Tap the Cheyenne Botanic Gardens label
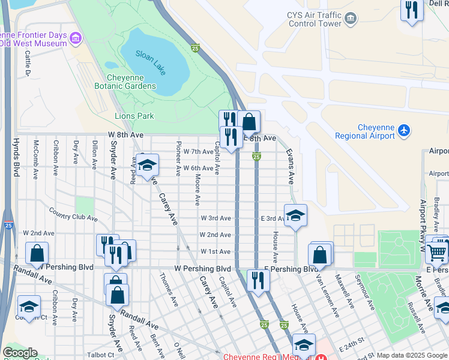click(x=131, y=82)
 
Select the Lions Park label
click(x=134, y=116)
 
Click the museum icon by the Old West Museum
click(x=75, y=39)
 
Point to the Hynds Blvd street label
click(x=16, y=158)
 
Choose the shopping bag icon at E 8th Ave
click(x=249, y=122)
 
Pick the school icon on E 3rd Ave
click(x=295, y=216)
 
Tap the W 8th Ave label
click(x=127, y=135)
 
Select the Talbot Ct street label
click(x=99, y=355)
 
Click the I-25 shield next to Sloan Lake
click(x=195, y=48)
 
